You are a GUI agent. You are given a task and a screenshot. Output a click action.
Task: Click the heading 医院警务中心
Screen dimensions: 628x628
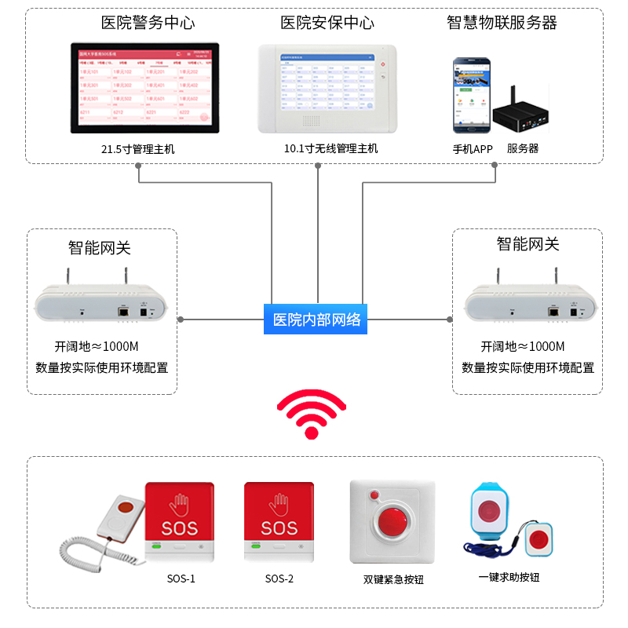pos(148,23)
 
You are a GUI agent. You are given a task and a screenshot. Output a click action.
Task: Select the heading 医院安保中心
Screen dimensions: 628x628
pos(327,23)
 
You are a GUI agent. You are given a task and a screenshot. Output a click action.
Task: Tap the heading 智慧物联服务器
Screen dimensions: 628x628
pos(502,23)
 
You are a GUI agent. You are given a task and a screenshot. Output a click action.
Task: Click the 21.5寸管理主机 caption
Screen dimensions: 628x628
pos(138,148)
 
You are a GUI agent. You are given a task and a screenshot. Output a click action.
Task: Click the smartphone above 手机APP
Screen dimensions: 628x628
pos(468,94)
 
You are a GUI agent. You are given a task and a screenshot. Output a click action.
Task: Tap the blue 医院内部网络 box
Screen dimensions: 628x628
pos(317,319)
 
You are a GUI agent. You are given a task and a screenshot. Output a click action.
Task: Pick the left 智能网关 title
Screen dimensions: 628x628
pos(100,248)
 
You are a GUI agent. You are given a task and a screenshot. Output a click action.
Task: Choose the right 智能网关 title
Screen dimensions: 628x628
pos(528,244)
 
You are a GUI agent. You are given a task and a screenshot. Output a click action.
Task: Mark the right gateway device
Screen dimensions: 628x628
pos(530,301)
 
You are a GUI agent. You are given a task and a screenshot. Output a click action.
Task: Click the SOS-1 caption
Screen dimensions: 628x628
pos(181,579)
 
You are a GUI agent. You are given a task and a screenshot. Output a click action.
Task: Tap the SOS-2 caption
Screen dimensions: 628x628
pos(279,579)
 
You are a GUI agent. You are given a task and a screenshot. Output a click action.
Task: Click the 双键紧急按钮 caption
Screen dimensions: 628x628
pos(393,580)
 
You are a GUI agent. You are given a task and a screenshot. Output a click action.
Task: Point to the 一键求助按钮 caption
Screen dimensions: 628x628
pos(509,578)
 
